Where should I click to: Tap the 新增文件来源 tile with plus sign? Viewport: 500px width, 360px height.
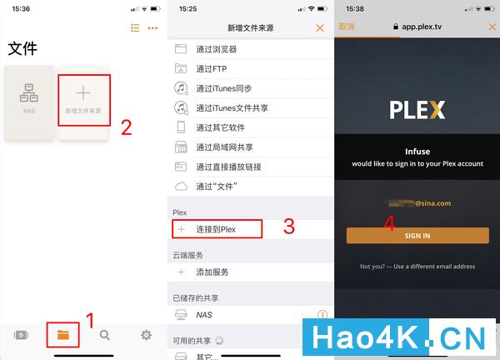(x=83, y=101)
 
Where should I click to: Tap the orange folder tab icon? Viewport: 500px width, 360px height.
(x=63, y=335)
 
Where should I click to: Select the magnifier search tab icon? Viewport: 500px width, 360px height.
(x=105, y=335)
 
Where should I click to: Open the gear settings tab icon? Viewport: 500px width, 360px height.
(x=147, y=335)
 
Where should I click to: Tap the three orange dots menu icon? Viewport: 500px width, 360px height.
(x=152, y=28)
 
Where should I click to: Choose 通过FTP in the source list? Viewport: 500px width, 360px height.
(x=212, y=69)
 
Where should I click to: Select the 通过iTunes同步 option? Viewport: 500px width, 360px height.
(x=223, y=88)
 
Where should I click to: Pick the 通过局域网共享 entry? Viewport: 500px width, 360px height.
(x=224, y=147)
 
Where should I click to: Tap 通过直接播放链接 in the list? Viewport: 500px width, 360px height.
(x=229, y=167)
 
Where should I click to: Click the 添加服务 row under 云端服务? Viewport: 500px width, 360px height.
(x=212, y=272)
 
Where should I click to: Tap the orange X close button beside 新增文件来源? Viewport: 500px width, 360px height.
(x=319, y=27)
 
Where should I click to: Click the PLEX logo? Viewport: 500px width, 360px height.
(x=417, y=110)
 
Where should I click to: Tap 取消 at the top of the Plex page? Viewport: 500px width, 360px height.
(x=347, y=27)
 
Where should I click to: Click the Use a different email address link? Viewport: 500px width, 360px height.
(x=417, y=267)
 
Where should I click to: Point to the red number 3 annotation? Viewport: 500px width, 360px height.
(x=289, y=226)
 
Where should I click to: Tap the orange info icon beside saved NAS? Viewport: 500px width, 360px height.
(x=322, y=315)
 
